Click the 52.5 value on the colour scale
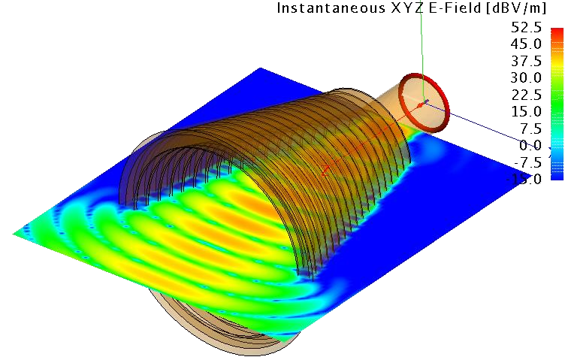pos(526,27)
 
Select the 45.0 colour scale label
pos(526,44)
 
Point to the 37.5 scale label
pos(526,61)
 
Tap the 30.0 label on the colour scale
pos(526,77)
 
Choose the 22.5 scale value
pos(526,95)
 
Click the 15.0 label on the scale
pos(526,111)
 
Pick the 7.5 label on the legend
pos(531,129)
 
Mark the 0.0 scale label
pos(531,145)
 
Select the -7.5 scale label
pos(527,162)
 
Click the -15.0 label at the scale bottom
pos(524,179)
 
